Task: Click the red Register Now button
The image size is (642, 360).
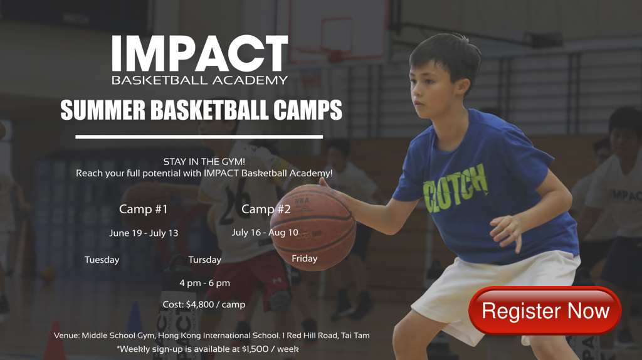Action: click(x=545, y=310)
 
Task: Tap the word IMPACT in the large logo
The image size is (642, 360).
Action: click(x=200, y=54)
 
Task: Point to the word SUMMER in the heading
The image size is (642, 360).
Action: click(x=103, y=110)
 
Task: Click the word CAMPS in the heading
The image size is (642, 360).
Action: click(x=307, y=110)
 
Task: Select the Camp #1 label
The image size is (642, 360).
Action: click(x=144, y=209)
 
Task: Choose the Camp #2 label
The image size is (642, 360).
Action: click(x=266, y=209)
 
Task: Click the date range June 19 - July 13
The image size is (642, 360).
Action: click(x=144, y=233)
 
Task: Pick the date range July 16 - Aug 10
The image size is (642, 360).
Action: click(x=265, y=232)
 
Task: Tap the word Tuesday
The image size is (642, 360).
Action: click(x=102, y=260)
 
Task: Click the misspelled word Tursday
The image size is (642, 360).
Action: click(x=205, y=260)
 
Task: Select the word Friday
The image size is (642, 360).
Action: click(x=305, y=258)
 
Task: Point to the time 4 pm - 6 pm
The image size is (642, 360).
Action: click(x=205, y=283)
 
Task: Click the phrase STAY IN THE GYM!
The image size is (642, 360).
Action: click(x=204, y=162)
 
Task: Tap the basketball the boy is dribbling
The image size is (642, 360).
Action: click(x=313, y=227)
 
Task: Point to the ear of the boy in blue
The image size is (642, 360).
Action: click(x=464, y=87)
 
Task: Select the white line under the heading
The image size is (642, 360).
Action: click(x=199, y=137)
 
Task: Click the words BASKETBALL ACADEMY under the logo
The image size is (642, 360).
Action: click(x=200, y=80)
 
